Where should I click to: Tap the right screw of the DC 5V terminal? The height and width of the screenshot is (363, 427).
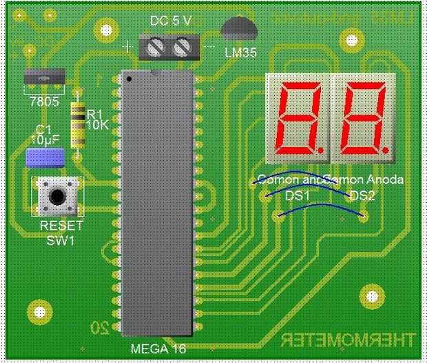(x=182, y=48)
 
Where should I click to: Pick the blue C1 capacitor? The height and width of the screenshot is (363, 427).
(x=45, y=157)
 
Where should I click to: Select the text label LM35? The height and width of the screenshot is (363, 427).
(x=240, y=52)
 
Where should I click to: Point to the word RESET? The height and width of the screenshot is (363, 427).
(x=61, y=226)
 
